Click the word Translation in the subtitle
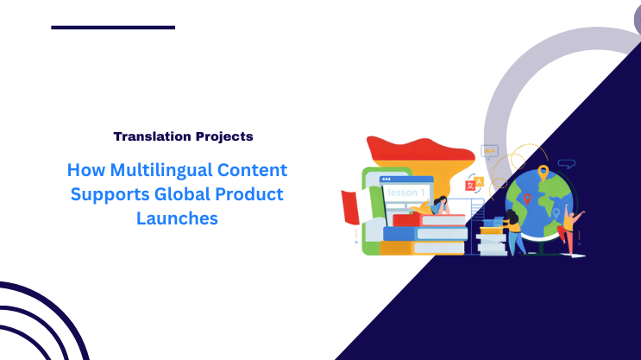147,136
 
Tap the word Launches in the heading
177,218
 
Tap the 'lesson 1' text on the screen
405,192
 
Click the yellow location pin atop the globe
543,173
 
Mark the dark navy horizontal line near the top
113,28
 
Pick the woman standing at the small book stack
513,231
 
